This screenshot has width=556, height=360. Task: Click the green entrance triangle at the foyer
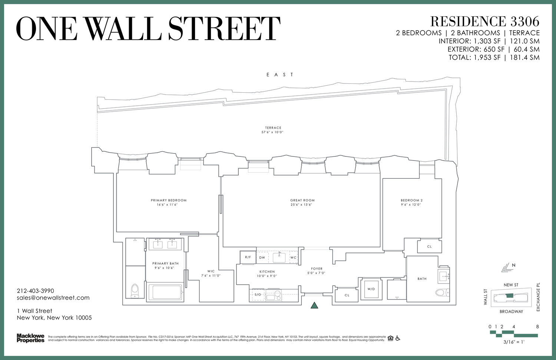[x=314, y=305]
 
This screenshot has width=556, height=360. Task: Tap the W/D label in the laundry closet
[x=371, y=289]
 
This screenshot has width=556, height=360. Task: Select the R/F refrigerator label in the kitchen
[x=248, y=257]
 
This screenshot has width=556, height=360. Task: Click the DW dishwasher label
[x=262, y=258]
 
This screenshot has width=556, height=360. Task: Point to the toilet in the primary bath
[x=135, y=291]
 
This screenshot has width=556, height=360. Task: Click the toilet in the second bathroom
[x=441, y=293]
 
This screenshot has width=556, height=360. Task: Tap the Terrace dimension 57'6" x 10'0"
[x=273, y=132]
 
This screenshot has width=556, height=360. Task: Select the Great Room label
[x=302, y=200]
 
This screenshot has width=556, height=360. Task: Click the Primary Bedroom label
[x=169, y=200]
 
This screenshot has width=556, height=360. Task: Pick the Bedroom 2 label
[x=411, y=200]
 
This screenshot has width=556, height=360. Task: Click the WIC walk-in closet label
[x=211, y=271]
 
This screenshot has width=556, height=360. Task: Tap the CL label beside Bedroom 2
[x=429, y=247]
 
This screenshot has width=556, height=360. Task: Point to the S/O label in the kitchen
[x=257, y=294]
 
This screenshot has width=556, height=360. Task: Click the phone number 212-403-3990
[x=36, y=291]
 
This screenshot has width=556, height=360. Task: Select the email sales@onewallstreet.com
[x=53, y=298]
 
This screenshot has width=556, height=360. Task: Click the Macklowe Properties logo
[x=30, y=338]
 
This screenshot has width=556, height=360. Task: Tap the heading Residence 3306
[x=484, y=22]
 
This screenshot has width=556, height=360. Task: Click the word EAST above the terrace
[x=280, y=75]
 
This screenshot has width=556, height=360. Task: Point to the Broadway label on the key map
[x=511, y=311]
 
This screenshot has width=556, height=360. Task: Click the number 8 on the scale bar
[x=537, y=327]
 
